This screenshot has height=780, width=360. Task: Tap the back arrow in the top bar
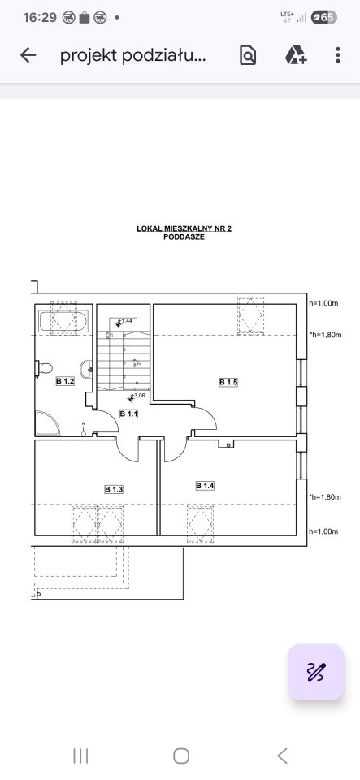tap(28, 55)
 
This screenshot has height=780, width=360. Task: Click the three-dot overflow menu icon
tap(337, 55)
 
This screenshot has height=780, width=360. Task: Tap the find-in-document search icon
tap(248, 55)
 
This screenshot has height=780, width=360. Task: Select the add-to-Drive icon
tap(295, 55)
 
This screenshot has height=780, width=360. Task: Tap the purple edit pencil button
tap(316, 672)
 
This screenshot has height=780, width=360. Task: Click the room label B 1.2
tap(65, 382)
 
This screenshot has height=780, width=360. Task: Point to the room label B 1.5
tap(228, 382)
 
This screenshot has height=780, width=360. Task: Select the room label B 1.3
tap(114, 489)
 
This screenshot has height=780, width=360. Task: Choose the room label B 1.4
tap(205, 486)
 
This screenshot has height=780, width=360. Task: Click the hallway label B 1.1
tap(128, 414)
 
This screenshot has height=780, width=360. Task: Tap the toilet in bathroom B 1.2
tap(44, 368)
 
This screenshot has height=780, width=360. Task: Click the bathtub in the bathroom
tap(63, 321)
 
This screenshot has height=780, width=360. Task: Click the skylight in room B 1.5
tap(250, 315)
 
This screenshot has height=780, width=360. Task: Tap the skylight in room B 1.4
tap(201, 523)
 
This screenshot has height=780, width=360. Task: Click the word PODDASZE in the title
tap(184, 237)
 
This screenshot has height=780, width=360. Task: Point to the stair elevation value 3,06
tap(139, 396)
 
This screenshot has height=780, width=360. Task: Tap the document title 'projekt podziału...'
tap(132, 56)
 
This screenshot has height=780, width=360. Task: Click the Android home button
tap(181, 756)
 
